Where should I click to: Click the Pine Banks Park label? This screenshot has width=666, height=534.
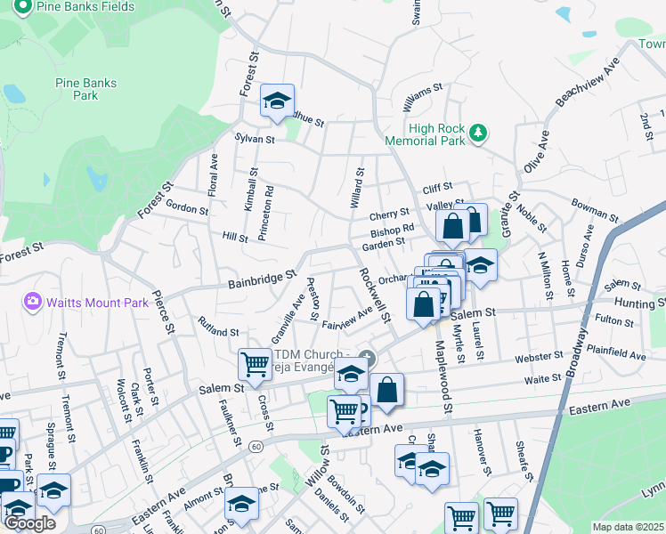click(x=86, y=89)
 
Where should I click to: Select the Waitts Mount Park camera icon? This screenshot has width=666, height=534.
click(x=34, y=303)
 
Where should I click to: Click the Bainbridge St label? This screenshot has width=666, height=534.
click(x=261, y=280)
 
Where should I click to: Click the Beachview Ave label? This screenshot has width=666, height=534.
click(x=586, y=85)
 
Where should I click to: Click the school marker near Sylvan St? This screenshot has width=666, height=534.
click(x=277, y=101)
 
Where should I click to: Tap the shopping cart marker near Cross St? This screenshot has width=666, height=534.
click(x=255, y=364)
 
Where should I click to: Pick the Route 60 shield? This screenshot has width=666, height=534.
click(x=256, y=445)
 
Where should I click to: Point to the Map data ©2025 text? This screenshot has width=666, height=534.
click(x=628, y=527)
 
